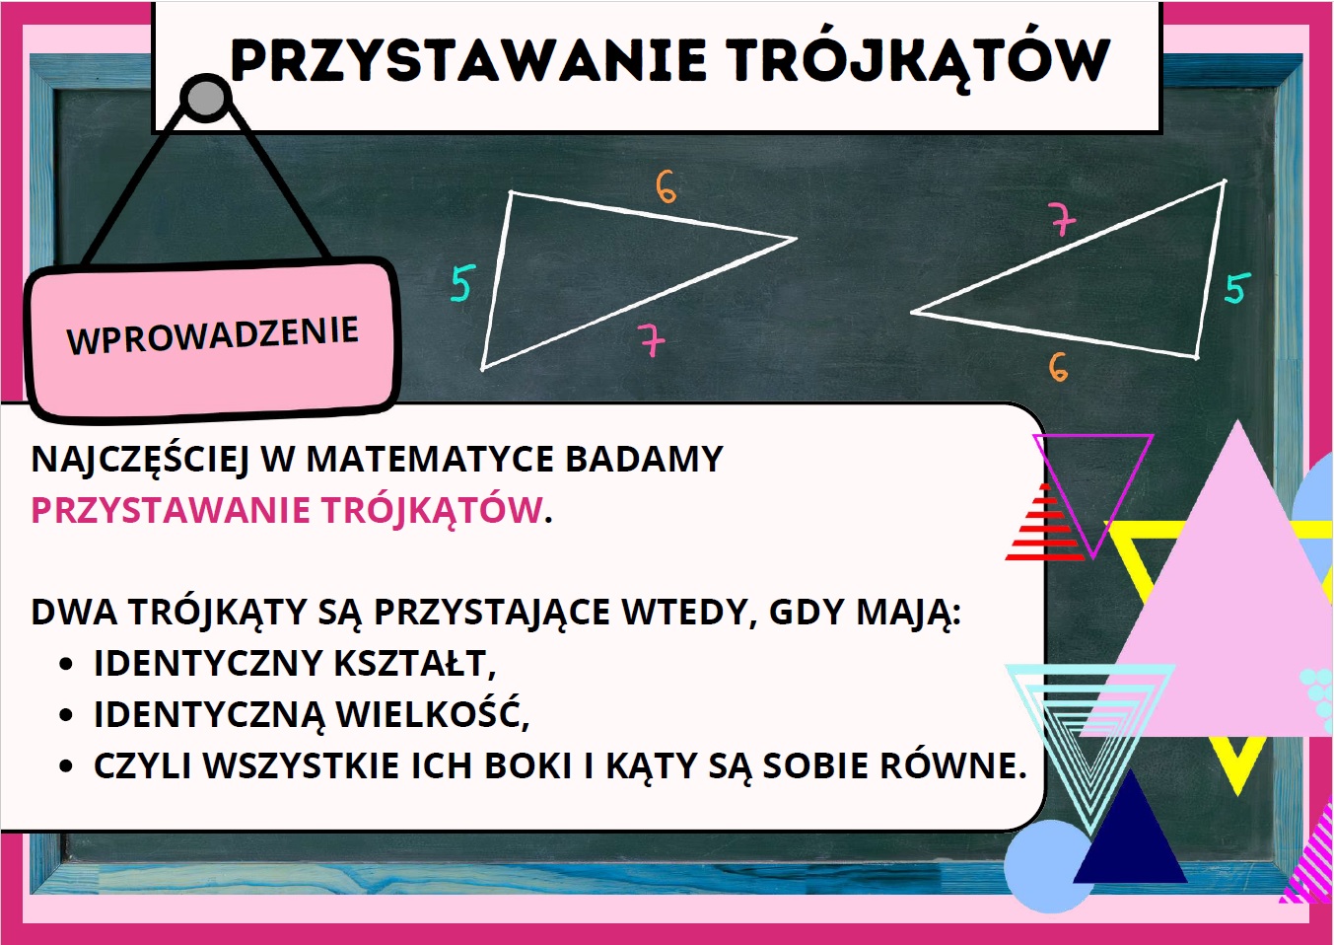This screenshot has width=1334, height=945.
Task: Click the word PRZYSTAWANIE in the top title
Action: [x=468, y=59]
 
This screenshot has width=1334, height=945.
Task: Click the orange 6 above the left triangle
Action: [x=667, y=186]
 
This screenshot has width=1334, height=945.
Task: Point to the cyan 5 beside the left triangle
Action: [x=463, y=283]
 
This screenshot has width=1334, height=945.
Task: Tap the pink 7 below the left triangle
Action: [x=651, y=339]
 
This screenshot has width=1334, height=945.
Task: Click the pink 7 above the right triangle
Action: [x=1064, y=219]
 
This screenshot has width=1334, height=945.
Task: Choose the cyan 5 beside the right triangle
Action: [x=1237, y=288]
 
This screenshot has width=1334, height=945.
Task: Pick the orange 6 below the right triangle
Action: [x=1058, y=367]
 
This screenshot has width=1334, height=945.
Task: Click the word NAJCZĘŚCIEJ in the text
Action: [x=140, y=461]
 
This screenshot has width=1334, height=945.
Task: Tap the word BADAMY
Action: [x=645, y=460]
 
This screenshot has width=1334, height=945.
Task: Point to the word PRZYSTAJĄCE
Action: [x=492, y=613]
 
